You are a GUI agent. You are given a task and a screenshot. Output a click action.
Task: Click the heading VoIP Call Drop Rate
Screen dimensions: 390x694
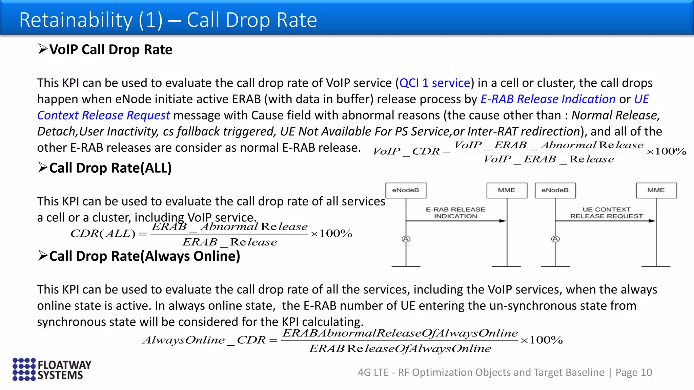pyautogui.click(x=110, y=49)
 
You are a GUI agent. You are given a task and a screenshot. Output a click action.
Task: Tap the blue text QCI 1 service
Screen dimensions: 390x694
pyautogui.click(x=435, y=83)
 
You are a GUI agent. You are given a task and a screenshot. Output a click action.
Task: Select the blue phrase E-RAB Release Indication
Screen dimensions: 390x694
pyautogui.click(x=548, y=99)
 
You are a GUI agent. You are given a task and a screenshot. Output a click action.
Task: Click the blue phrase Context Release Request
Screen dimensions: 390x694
pyautogui.click(x=103, y=115)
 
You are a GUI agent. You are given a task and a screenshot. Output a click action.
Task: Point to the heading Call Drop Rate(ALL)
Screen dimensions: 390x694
pyautogui.click(x=110, y=168)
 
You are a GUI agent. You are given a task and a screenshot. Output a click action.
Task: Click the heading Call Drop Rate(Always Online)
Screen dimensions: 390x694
pyautogui.click(x=144, y=256)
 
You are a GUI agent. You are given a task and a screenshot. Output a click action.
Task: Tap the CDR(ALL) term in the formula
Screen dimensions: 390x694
pyautogui.click(x=103, y=234)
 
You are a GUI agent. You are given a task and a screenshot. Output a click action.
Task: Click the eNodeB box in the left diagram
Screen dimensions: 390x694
pyautogui.click(x=406, y=190)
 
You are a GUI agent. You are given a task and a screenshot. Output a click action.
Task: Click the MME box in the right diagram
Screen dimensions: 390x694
pyautogui.click(x=656, y=190)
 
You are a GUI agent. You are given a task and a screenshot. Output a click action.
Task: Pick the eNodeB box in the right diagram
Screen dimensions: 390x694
pyautogui.click(x=555, y=190)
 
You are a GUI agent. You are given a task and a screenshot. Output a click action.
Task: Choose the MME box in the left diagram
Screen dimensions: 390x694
pyautogui.click(x=507, y=190)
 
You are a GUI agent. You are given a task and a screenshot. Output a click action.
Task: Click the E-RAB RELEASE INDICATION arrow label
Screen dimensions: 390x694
pyautogui.click(x=455, y=213)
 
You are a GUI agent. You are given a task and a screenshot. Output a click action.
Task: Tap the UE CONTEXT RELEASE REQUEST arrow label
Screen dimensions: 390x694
pyautogui.click(x=606, y=213)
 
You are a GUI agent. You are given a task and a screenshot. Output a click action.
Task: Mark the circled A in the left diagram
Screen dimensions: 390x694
pyautogui.click(x=406, y=239)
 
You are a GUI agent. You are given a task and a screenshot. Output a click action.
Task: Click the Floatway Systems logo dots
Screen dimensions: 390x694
pyautogui.click(x=24, y=369)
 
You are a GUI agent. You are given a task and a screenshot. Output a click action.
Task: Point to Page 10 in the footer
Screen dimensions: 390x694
pyautogui.click(x=634, y=372)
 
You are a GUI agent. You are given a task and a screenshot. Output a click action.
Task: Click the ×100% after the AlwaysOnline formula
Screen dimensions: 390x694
pyautogui.click(x=542, y=340)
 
